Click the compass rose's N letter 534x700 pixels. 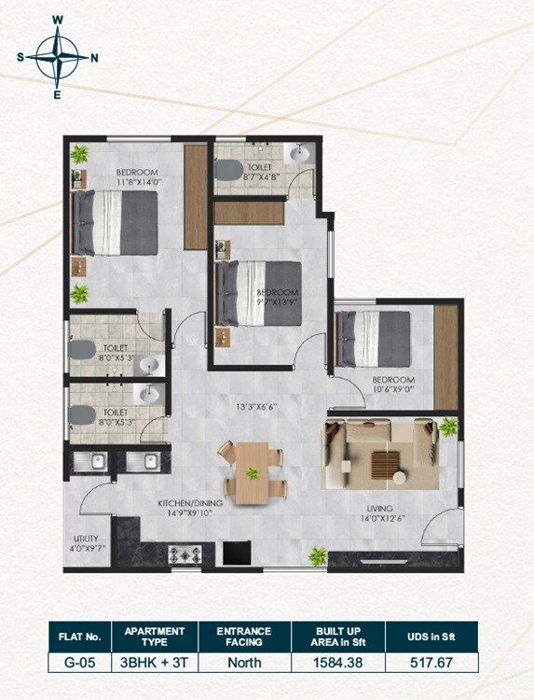click(x=94, y=57)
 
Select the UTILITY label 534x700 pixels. click(x=86, y=539)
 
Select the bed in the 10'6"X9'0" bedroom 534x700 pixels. click(x=374, y=336)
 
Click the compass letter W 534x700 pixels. click(x=58, y=19)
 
